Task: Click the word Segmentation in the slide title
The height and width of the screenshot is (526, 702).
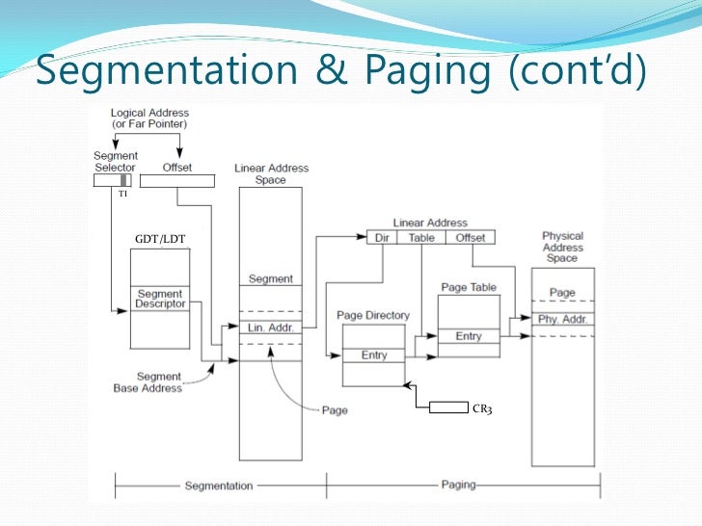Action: coord(167,71)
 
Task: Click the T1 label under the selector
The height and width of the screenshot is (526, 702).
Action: coord(122,194)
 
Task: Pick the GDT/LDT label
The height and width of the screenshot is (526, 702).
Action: coord(159,239)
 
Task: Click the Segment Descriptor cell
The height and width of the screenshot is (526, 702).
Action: coord(160,299)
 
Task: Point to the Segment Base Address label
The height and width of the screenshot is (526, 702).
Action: coord(159,382)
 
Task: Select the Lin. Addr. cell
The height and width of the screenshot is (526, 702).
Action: coord(270,328)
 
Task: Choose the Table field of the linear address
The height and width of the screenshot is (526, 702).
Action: coord(421,237)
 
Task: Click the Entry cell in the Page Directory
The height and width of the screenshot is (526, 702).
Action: coord(374,355)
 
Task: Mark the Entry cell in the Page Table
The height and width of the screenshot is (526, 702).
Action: coord(469,336)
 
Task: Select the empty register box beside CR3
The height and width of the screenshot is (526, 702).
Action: coord(448,408)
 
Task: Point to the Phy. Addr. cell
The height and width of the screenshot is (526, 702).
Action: coord(562,319)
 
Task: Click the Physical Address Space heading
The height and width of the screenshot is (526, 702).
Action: coord(562,247)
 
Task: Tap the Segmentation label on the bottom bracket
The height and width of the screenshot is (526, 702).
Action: coord(219,486)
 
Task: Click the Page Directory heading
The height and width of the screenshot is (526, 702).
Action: coord(373,315)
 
